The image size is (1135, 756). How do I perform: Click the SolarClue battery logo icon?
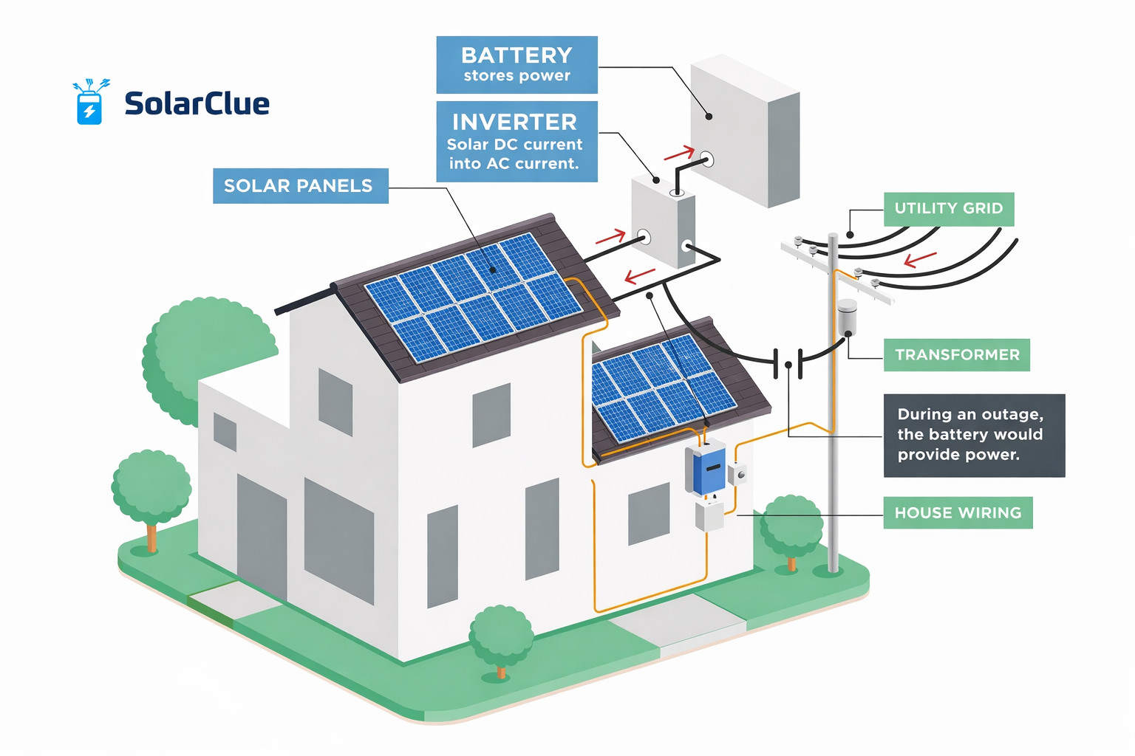click(90, 103)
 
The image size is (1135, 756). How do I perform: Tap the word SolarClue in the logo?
click(197, 103)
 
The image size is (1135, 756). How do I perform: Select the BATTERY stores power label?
click(517, 65)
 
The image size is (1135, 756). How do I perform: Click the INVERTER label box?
click(517, 142)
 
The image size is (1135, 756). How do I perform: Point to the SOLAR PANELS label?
click(300, 186)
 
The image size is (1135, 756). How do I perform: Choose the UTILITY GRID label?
click(949, 209)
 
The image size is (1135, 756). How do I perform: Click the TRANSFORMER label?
click(957, 355)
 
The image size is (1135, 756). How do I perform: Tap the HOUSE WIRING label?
click(958, 513)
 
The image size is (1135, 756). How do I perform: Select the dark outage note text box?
click(974, 435)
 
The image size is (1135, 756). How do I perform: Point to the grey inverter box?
click(662, 221)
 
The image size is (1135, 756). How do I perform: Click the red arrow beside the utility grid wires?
click(921, 259)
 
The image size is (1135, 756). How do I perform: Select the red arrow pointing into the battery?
click(680, 154)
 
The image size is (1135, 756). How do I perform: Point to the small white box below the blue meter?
click(709, 515)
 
